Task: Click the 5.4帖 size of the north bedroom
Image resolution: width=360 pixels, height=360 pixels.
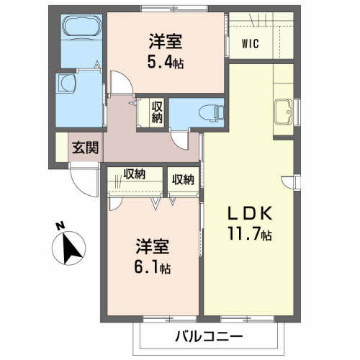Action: point(166,63)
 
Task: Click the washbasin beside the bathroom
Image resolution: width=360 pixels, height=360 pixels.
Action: point(67,84)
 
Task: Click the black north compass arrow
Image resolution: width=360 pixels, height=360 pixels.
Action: point(70,249)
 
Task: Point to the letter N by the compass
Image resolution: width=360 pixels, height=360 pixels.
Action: point(58,228)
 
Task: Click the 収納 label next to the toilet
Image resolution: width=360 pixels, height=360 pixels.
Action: point(157,112)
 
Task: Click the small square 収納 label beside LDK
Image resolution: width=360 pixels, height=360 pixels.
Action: point(182,179)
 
